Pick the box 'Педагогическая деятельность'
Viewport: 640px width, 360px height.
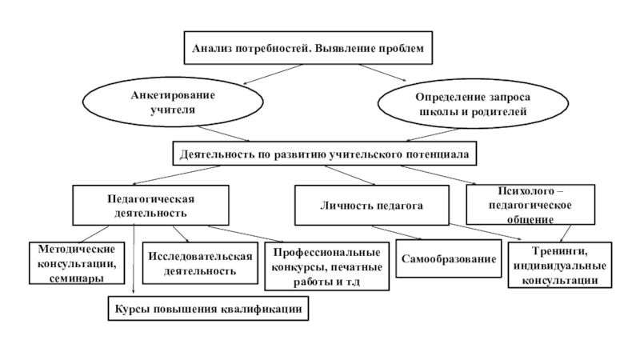[x=151, y=206]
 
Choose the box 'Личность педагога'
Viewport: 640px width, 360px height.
[x=371, y=206]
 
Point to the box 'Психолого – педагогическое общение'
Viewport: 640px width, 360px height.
[x=530, y=206]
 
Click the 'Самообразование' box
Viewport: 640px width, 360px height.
[x=449, y=261]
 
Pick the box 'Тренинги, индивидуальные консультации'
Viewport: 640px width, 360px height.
[x=560, y=266]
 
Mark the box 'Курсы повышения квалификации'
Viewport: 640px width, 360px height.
[x=209, y=308]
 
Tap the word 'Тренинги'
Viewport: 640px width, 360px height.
[x=560, y=251]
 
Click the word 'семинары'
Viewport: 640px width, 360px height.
[x=76, y=278]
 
